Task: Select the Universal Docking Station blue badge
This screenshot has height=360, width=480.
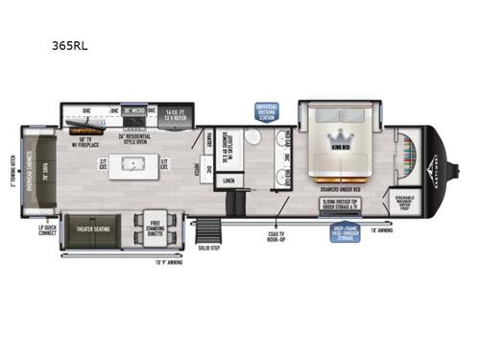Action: point(267,112)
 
